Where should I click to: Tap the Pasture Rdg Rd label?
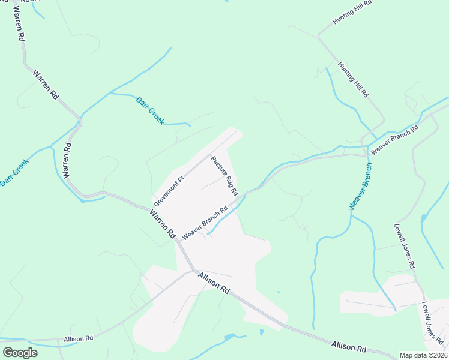(224, 176)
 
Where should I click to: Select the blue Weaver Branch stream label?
(360, 186)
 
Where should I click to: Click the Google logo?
(20, 352)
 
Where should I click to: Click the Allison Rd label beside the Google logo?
(78, 339)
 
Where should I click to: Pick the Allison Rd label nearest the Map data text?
(348, 347)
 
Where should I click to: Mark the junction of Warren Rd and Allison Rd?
(193, 270)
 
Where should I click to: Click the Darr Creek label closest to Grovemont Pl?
(150, 110)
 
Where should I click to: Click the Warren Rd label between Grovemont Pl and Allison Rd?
(162, 223)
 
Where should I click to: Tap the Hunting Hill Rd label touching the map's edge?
(353, 13)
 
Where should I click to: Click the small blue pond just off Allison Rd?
(262, 332)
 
